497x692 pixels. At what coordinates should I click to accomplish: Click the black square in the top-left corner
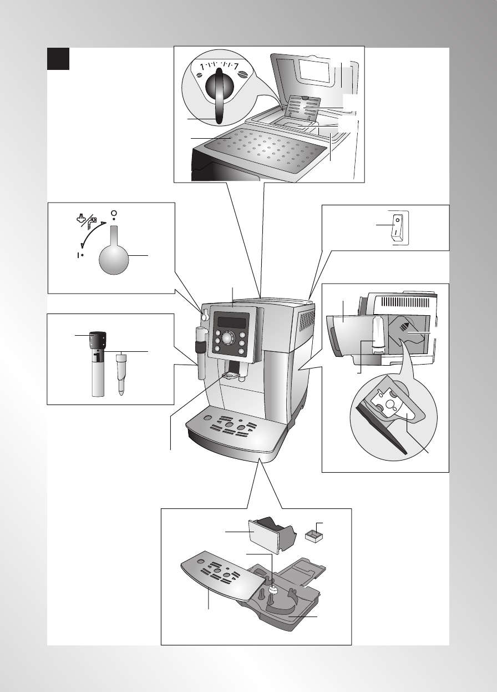point(58,59)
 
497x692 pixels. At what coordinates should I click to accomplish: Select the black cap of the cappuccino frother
point(98,340)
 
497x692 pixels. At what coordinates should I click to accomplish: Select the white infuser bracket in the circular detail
point(395,408)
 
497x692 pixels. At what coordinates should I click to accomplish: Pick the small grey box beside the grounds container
point(315,536)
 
